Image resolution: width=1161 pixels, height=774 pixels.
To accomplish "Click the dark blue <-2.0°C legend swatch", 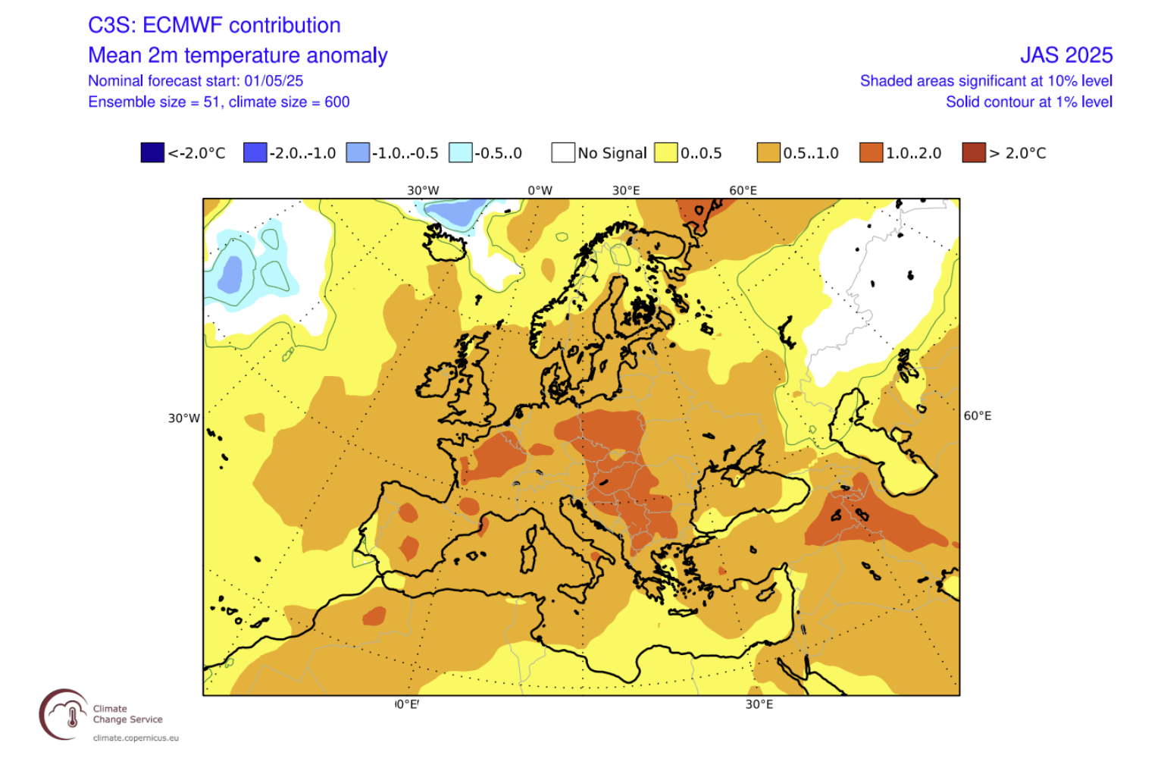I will (x=152, y=152).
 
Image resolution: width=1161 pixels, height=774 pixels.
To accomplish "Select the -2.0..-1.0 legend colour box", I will (x=255, y=152).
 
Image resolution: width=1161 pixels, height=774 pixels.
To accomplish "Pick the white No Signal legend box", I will (x=563, y=152).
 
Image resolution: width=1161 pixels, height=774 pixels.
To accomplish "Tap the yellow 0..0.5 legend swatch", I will (x=665, y=152).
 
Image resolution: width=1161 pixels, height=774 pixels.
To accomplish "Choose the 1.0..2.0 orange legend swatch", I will (x=872, y=152).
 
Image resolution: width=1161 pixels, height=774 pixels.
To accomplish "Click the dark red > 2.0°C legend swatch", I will (x=974, y=152).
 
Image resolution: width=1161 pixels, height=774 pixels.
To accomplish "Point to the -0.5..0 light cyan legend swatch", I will (x=461, y=152).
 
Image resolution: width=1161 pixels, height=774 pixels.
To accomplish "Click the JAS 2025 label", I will (x=1066, y=55).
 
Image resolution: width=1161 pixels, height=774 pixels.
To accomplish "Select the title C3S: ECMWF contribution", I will (x=214, y=25).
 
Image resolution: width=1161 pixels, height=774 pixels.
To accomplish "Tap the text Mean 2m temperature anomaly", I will (x=237, y=55).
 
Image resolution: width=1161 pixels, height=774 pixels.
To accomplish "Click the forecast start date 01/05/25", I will (x=274, y=81).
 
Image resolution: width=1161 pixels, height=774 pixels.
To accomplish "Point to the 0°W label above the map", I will (x=540, y=190).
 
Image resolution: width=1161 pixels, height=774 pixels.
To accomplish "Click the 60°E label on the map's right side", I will (x=977, y=415).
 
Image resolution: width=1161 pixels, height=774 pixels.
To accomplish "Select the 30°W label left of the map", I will (x=184, y=418).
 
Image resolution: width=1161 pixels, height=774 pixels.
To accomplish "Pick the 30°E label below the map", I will (x=759, y=704).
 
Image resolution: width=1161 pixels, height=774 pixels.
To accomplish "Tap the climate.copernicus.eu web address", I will (x=136, y=738).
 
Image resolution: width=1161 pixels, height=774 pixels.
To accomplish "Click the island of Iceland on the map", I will (x=446, y=242).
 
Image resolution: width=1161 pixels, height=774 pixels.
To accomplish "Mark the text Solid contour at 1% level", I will (x=1028, y=102).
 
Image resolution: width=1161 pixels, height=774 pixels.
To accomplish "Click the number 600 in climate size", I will (x=337, y=102).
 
